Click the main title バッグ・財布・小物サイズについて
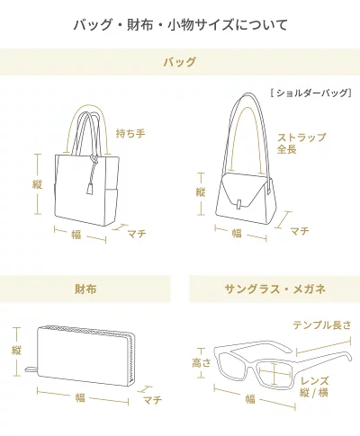tap(180, 25)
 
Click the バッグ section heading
tap(180, 62)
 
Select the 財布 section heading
tap(85, 289)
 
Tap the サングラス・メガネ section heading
tap(274, 289)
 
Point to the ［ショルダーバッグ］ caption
tap(310, 93)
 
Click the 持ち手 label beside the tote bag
tap(130, 133)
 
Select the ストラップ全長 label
tap(301, 143)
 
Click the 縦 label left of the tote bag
tap(37, 184)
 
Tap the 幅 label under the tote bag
tap(76, 235)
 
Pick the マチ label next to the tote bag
tap(137, 233)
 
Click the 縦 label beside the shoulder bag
tap(201, 191)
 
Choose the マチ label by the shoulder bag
tap(300, 231)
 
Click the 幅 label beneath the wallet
tap(80, 398)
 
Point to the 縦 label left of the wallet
tap(16, 350)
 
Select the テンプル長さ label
tap(321, 325)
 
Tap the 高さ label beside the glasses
tap(202, 363)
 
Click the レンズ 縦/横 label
tap(314, 387)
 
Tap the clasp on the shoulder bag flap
tap(239, 204)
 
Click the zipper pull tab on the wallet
tap(31, 369)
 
